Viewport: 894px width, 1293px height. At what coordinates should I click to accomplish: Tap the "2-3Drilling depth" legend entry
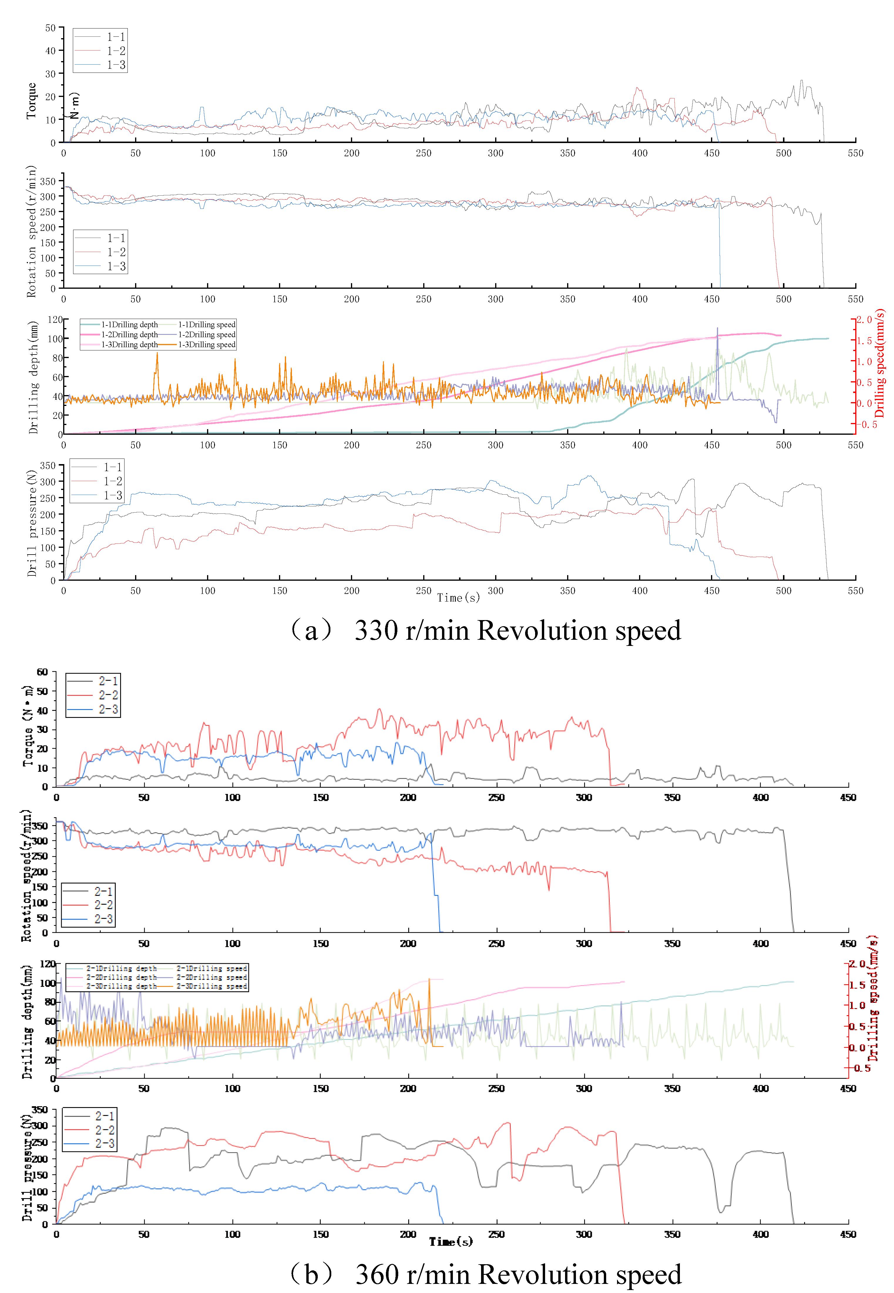click(122, 986)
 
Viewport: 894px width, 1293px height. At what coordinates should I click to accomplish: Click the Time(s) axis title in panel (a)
click(458, 598)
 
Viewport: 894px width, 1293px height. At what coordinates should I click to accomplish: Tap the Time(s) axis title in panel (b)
click(451, 1242)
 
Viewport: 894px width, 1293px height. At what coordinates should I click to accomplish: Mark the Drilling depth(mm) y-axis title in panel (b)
click(27, 1021)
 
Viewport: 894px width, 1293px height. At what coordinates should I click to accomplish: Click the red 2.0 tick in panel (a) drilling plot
click(864, 320)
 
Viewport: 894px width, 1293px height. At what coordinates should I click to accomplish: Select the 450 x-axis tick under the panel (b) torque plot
click(848, 797)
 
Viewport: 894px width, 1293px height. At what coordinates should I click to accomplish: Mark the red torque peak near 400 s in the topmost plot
click(637, 88)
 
